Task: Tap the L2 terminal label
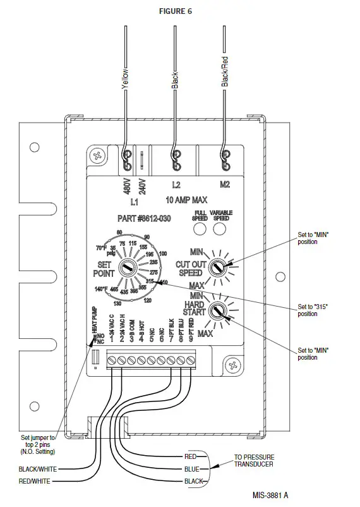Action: tap(176, 185)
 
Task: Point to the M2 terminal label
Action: tap(225, 185)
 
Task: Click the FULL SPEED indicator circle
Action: tap(200, 229)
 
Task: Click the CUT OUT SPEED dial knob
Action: tap(219, 266)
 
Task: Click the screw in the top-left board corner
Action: tap(98, 155)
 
